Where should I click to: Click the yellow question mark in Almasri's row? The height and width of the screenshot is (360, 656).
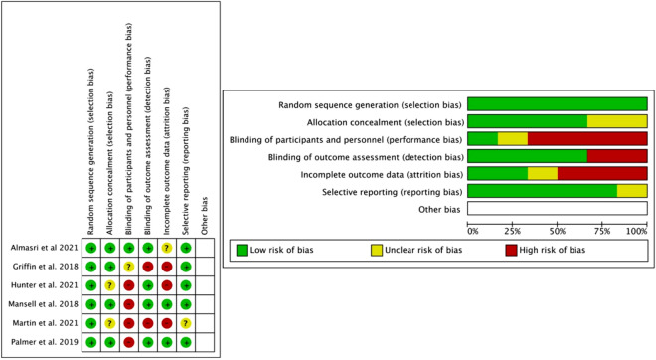(167, 247)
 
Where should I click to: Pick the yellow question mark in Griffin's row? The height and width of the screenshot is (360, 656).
(129, 267)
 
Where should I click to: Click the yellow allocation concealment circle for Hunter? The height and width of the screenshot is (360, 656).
(110, 285)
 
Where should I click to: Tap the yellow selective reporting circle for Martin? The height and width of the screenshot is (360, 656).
(186, 323)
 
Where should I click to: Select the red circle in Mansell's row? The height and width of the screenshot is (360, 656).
(129, 304)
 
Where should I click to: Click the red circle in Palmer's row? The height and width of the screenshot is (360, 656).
(129, 342)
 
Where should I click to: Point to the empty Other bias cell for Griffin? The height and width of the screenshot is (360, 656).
(205, 267)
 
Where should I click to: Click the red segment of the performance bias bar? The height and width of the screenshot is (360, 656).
(587, 138)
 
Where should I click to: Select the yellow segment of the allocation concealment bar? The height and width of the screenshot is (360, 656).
(616, 120)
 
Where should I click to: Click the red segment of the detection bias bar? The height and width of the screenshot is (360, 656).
(616, 155)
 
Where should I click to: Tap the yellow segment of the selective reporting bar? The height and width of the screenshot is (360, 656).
(631, 191)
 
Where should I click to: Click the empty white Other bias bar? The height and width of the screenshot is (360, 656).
(557, 209)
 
